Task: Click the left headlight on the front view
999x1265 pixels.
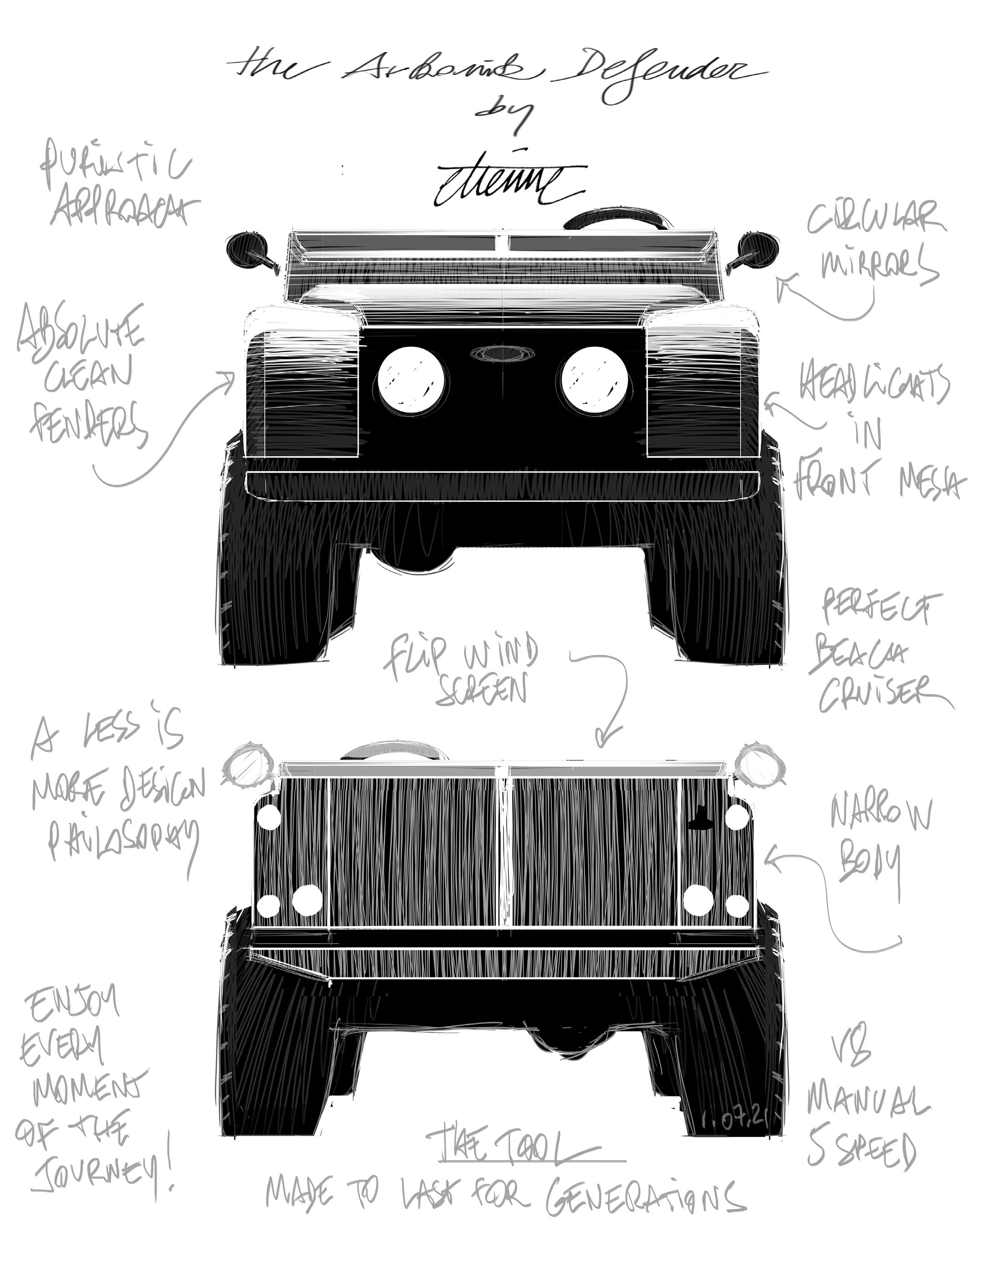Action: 413,378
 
